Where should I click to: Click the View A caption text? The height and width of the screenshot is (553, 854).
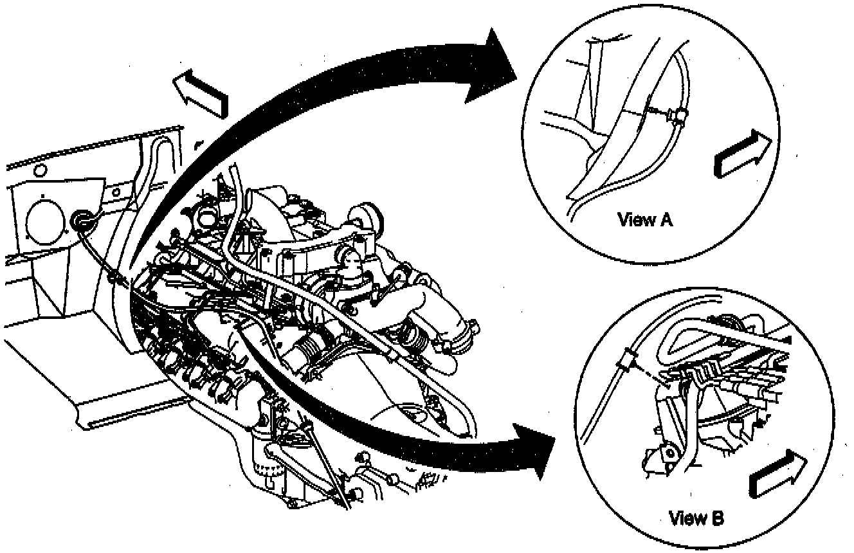click(645, 220)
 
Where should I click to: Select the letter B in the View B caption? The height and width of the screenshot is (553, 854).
click(716, 518)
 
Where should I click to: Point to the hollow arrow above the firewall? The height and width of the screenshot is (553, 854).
click(200, 93)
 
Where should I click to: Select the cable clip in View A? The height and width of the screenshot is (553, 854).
click(677, 116)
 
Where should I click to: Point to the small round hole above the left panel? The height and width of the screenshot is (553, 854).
click(40, 170)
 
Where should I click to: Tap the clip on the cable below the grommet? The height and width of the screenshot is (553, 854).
click(114, 278)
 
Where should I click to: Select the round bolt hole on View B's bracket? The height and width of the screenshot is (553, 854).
click(669, 453)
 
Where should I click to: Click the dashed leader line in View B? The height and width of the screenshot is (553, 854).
click(653, 376)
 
